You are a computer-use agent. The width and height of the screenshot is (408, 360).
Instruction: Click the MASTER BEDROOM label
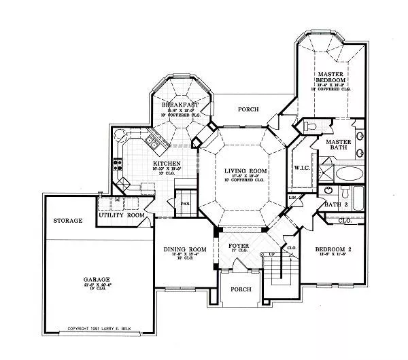coord(331,76)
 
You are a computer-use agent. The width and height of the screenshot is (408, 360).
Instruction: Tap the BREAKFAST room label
coord(180,105)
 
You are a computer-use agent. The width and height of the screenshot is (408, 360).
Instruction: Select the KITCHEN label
coord(166,164)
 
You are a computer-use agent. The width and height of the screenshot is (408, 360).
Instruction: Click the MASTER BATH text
coord(338,145)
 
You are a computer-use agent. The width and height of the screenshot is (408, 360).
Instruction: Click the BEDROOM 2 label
coord(333,250)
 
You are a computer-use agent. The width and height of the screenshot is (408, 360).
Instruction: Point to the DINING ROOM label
coord(185,249)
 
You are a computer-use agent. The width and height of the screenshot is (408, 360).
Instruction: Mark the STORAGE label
coord(68,221)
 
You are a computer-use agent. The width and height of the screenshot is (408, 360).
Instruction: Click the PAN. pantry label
coord(184,202)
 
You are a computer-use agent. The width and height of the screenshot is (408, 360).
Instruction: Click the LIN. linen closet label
coord(293,198)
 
